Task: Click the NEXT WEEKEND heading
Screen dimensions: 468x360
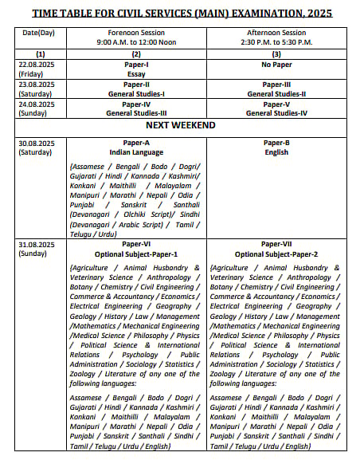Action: (x=181, y=126)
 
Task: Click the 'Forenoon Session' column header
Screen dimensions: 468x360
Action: (x=136, y=32)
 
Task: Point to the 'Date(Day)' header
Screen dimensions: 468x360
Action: (x=37, y=32)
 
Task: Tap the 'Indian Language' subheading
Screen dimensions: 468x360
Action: (x=136, y=152)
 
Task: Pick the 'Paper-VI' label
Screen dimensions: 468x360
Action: (x=136, y=244)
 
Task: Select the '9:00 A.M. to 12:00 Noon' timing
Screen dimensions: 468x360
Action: (x=136, y=41)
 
